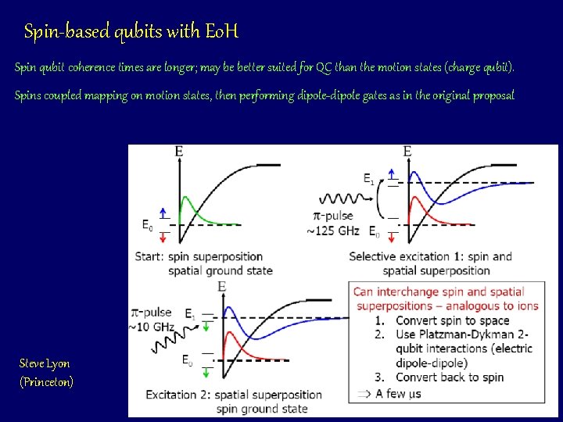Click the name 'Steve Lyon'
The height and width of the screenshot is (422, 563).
(x=45, y=363)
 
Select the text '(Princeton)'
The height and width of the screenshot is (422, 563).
(x=46, y=382)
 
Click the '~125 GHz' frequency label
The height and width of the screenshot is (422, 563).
(x=332, y=231)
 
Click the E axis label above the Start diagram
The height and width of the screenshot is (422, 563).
(x=180, y=151)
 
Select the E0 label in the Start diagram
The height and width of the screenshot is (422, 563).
(x=148, y=225)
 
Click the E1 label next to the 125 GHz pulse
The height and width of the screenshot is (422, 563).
(x=368, y=179)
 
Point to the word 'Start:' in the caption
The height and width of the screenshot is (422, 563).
(x=149, y=256)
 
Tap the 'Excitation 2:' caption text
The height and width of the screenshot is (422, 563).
(x=176, y=395)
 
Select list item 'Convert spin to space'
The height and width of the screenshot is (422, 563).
(x=452, y=320)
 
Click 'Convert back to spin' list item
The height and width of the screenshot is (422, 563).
(x=449, y=377)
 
